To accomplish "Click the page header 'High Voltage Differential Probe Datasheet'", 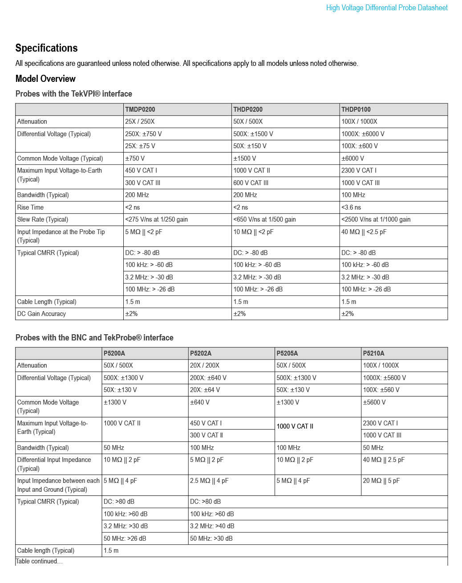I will tap(387, 8).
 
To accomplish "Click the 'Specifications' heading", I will tap(46, 48).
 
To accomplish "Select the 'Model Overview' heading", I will tap(45, 79).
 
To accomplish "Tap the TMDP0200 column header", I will tap(140, 109).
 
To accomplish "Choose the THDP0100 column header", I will tap(356, 109).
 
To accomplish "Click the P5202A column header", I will tap(201, 353).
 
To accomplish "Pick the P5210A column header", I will tap(373, 353).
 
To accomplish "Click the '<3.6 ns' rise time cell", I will tap(351, 207).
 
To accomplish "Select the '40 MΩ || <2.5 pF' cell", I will tap(364, 232).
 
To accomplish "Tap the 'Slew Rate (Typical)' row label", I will tap(43, 219).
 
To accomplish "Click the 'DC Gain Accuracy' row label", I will tap(41, 314).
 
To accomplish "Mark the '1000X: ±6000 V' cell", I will tap(363, 134).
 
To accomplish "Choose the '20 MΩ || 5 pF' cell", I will tap(381, 481).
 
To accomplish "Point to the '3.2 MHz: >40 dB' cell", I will tap(212, 526).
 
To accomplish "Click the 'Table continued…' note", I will tap(39, 561).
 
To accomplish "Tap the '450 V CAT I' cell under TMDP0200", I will tap(141, 170).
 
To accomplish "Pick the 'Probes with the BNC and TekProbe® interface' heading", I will tap(94, 338).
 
